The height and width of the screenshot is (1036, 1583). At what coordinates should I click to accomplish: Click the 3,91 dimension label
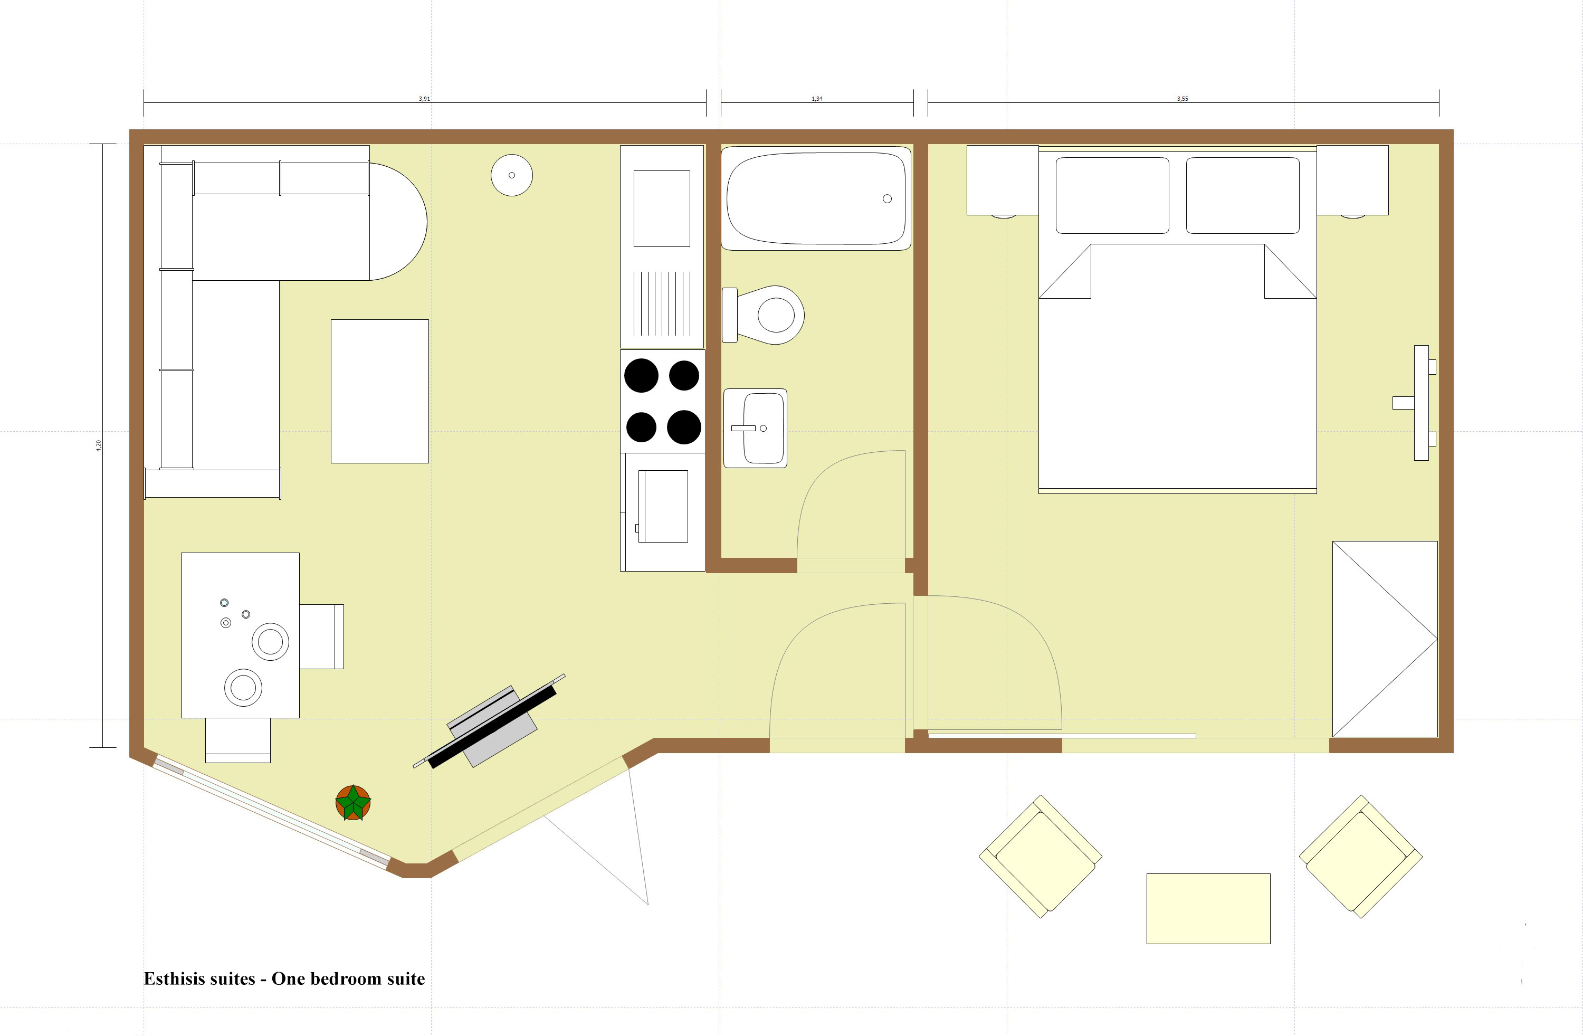[x=424, y=99]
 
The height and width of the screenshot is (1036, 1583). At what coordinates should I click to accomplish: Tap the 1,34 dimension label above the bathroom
[x=817, y=99]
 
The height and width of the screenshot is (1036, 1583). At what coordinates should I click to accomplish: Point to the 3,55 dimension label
[x=1182, y=99]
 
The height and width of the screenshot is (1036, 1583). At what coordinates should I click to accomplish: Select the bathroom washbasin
[x=756, y=428]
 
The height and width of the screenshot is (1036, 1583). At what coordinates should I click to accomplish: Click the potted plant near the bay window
[x=353, y=803]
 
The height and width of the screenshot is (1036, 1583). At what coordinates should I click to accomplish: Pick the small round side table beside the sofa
[x=511, y=175]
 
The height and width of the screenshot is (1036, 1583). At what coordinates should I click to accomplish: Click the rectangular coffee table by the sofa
[x=380, y=391]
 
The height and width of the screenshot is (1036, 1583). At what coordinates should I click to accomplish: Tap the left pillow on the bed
[x=1112, y=195]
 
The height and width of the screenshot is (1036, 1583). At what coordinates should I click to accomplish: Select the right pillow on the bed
[x=1243, y=195]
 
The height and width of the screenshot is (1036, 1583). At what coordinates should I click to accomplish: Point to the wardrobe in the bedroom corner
[x=1385, y=639]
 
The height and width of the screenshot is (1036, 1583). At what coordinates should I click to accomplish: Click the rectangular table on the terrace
[x=1208, y=908]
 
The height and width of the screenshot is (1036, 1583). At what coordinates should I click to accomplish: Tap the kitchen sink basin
[x=662, y=208]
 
